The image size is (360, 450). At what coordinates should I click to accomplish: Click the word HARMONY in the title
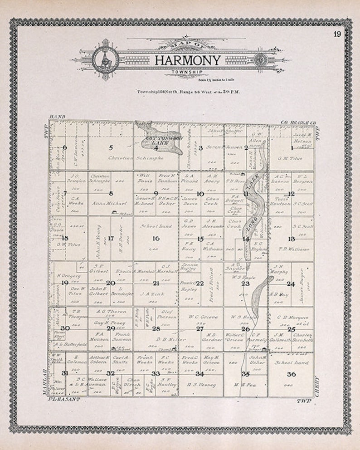(x=188, y=60)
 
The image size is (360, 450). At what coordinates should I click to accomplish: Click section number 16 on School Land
(x=156, y=238)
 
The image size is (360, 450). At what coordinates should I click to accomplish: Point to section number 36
(x=291, y=374)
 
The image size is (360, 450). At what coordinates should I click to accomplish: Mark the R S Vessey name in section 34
(x=201, y=385)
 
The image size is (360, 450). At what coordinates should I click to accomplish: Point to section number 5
(x=111, y=147)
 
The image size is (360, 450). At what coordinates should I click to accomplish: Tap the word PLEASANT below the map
(x=64, y=400)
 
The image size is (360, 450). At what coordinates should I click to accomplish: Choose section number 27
(x=199, y=328)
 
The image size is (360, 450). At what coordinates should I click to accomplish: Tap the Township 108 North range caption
(x=188, y=91)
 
